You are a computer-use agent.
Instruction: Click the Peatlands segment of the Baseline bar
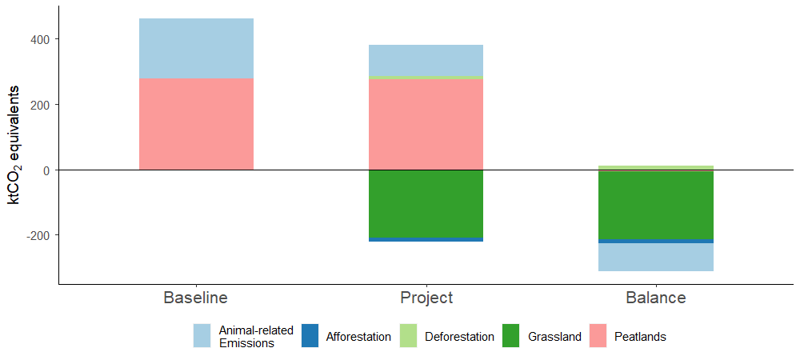(x=196, y=124)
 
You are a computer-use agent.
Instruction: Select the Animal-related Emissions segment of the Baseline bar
(x=196, y=48)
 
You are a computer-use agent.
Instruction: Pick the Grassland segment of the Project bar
(x=426, y=204)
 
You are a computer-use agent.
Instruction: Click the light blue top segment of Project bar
(x=426, y=60)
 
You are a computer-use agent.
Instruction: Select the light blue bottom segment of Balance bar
(x=655, y=257)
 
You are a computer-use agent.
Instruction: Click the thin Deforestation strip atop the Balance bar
(x=655, y=167)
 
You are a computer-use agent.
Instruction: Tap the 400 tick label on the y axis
(x=41, y=39)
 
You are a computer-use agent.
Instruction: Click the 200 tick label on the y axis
(x=41, y=105)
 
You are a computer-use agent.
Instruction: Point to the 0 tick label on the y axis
(x=47, y=170)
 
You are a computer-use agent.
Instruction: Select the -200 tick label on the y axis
(x=38, y=236)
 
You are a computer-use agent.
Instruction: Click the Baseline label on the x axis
(x=196, y=298)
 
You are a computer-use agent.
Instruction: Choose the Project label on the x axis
(x=426, y=298)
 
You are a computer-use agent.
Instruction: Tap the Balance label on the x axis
(x=655, y=298)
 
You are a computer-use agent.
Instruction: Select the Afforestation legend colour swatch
(x=310, y=336)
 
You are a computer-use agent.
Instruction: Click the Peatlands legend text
(x=640, y=337)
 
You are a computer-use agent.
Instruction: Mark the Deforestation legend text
(x=459, y=337)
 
